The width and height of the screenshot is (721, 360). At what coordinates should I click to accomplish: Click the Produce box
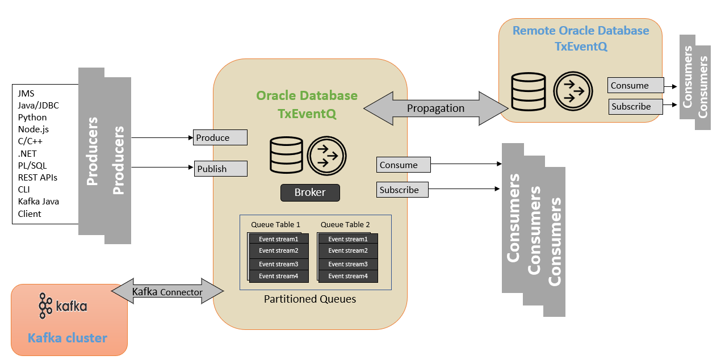(220, 137)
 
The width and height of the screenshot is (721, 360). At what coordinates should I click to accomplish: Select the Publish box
(221, 169)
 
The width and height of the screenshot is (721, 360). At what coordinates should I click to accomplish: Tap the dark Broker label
(310, 192)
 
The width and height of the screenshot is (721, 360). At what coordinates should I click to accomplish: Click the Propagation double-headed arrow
(436, 108)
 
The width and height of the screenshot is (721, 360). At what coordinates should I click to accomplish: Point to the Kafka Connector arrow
(167, 291)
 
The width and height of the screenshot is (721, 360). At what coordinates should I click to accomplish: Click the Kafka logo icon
(45, 305)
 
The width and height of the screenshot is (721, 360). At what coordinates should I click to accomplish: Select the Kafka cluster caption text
(67, 338)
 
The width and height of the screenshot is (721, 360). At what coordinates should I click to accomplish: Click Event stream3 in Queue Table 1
(279, 264)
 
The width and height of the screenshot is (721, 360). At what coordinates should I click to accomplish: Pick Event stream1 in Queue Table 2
(348, 239)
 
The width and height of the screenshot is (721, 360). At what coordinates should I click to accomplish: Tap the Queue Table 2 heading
(345, 224)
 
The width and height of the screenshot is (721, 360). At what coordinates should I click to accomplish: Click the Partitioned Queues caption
(310, 299)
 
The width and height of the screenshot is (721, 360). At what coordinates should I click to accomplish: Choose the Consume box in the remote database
(636, 85)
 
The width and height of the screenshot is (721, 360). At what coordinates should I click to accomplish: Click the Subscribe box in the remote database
(636, 107)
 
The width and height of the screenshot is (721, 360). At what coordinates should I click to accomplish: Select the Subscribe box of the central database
(403, 190)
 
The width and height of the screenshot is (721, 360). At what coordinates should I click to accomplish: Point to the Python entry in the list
(32, 117)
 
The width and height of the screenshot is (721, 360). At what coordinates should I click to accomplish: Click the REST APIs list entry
(37, 177)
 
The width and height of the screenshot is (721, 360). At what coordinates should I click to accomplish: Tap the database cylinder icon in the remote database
(529, 92)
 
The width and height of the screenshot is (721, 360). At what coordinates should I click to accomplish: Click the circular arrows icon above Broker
(326, 156)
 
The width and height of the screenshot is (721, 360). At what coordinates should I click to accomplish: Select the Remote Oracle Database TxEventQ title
(581, 38)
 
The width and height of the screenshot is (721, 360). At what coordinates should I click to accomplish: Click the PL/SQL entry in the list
(32, 165)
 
